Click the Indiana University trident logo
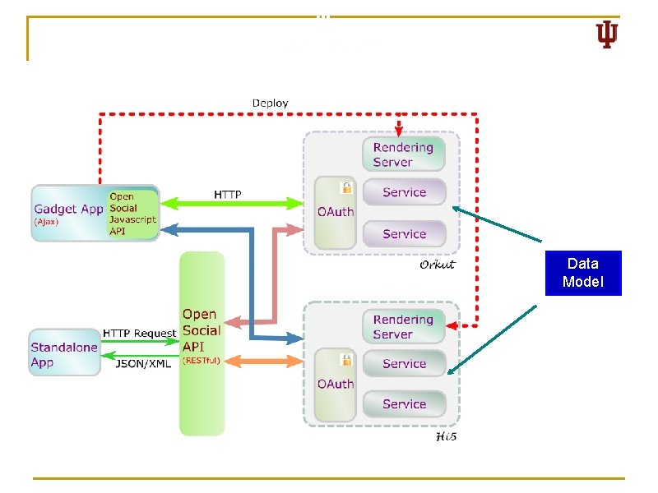pos(606,35)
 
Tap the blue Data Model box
pos(584,274)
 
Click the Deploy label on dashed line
pos(270,103)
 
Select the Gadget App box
pos(69,210)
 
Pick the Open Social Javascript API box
pos(132,214)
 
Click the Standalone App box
pos(64,354)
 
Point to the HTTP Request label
pos(139,333)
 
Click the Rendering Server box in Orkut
pos(403,154)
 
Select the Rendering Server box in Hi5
pos(403,326)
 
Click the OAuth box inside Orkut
pos(336,211)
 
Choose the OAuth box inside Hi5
pos(336,383)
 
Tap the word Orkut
pos(437,265)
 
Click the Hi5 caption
pos(445,436)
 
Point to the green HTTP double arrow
pos(230,202)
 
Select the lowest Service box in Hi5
pos(404,403)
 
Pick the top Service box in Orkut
pos(404,192)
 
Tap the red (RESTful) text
pos(202,361)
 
